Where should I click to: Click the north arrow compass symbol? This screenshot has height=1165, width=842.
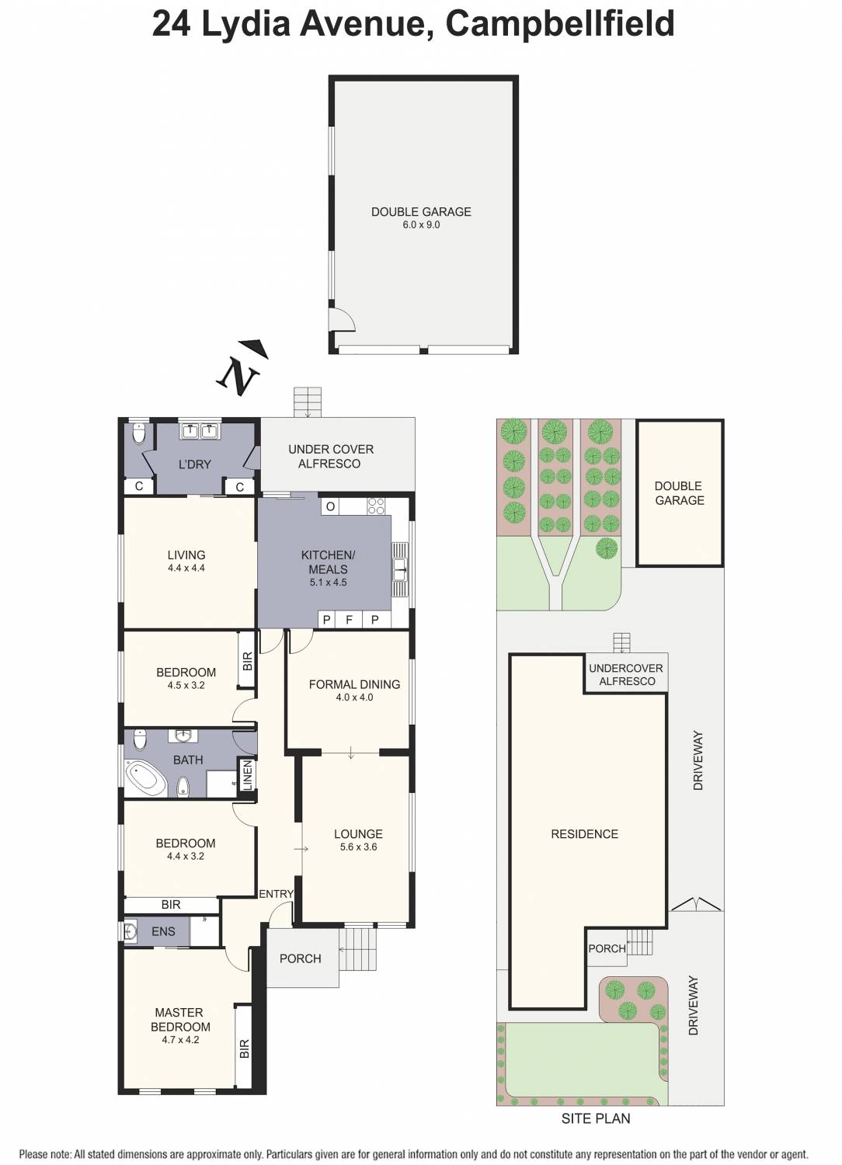pyautogui.click(x=242, y=367)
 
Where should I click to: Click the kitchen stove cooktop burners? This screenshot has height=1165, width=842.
pyautogui.click(x=376, y=506)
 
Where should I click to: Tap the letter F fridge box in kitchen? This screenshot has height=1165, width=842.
pyautogui.click(x=350, y=620)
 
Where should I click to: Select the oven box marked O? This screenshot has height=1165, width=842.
pyautogui.click(x=330, y=506)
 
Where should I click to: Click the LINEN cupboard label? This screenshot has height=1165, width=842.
pyautogui.click(x=248, y=775)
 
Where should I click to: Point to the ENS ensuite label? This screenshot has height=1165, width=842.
pyautogui.click(x=163, y=931)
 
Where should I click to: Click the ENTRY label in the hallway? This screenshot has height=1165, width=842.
pyautogui.click(x=276, y=894)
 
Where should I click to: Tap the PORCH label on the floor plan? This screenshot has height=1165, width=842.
pyautogui.click(x=300, y=958)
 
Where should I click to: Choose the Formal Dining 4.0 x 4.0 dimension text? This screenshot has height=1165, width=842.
pyautogui.click(x=354, y=697)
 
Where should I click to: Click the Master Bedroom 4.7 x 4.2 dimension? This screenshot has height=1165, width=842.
pyautogui.click(x=180, y=1039)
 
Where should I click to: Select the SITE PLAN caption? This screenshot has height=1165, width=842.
pyautogui.click(x=596, y=1118)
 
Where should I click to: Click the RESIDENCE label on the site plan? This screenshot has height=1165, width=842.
pyautogui.click(x=584, y=834)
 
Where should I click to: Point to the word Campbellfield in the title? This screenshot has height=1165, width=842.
pyautogui.click(x=559, y=23)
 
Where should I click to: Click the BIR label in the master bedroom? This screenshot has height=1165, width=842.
pyautogui.click(x=245, y=1049)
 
